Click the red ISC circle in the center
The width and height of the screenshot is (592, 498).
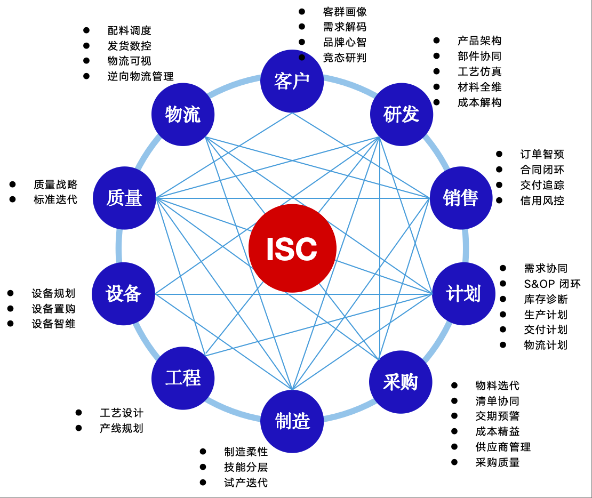tap(292, 248)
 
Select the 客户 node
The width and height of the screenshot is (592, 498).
tap(292, 81)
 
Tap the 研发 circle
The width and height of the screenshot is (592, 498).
tap(402, 114)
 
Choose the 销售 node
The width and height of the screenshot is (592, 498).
tap(461, 198)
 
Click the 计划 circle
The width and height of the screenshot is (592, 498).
tap(463, 294)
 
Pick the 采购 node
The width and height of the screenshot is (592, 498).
tap(401, 382)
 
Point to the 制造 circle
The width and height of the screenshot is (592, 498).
tap(292, 421)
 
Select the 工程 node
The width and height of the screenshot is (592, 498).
tap(183, 378)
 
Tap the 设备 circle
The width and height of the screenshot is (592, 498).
tap(124, 294)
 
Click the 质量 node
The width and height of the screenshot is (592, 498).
tap(124, 198)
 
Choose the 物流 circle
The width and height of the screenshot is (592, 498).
tap(183, 114)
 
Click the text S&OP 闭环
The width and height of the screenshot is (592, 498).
tap(552, 284)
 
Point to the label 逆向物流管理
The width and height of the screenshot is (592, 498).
tap(140, 76)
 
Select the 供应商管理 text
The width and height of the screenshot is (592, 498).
tap(503, 447)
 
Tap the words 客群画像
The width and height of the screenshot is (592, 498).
tap(345, 12)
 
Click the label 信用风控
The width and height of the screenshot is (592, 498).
tap(542, 200)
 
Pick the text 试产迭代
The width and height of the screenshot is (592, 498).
tap(246, 483)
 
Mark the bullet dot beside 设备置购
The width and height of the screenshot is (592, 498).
tap(11, 308)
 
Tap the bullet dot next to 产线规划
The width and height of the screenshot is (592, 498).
tap(79, 428)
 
